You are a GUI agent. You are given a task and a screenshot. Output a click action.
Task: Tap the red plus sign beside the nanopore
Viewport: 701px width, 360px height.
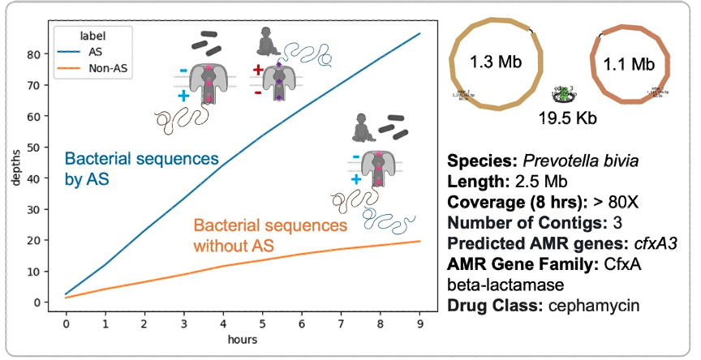pos(258,71)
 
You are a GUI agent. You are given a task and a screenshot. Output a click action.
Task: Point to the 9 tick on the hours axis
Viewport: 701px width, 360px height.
pos(419,324)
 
